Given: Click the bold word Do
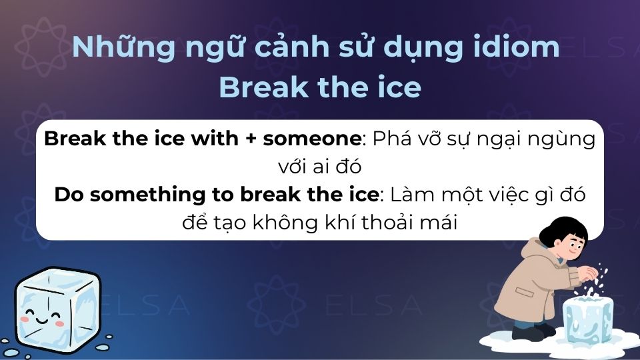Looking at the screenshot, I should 69,195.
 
